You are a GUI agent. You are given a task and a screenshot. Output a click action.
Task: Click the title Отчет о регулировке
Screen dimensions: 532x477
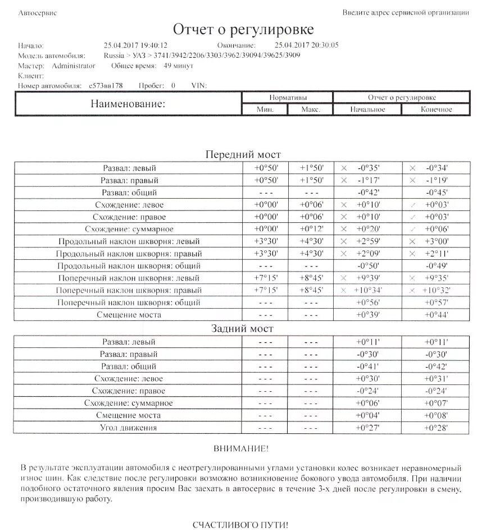(x=243, y=30)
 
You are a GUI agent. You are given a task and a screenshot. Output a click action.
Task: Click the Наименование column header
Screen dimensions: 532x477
(x=129, y=104)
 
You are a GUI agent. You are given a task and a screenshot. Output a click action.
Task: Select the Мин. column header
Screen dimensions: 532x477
(x=265, y=109)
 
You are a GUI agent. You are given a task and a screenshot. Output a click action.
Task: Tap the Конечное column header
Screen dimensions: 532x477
(x=436, y=109)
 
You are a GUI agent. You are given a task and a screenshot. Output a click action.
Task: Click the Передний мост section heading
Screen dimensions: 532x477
(x=243, y=154)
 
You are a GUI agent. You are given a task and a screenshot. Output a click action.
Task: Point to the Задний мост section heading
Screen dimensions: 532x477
(x=242, y=329)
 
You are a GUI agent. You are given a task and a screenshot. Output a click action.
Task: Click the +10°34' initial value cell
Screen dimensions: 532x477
(x=367, y=290)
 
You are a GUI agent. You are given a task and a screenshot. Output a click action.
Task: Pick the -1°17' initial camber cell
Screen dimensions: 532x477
(x=368, y=180)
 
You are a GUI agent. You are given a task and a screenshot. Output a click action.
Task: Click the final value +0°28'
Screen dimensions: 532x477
(x=437, y=428)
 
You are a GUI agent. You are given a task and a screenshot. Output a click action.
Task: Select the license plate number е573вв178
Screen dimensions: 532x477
(x=106, y=86)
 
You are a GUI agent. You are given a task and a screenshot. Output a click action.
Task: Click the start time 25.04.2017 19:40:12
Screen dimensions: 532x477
(x=135, y=45)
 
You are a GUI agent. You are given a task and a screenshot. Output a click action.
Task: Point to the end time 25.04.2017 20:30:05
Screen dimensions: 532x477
(x=306, y=45)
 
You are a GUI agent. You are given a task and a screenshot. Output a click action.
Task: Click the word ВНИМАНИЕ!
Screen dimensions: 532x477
(x=241, y=449)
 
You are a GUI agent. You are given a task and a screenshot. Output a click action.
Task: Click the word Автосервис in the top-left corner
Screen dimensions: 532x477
(x=38, y=12)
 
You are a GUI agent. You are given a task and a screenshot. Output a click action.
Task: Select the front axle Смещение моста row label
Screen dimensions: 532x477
(x=129, y=315)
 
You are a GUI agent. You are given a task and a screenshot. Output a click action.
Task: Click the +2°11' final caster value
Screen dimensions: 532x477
(x=437, y=254)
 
